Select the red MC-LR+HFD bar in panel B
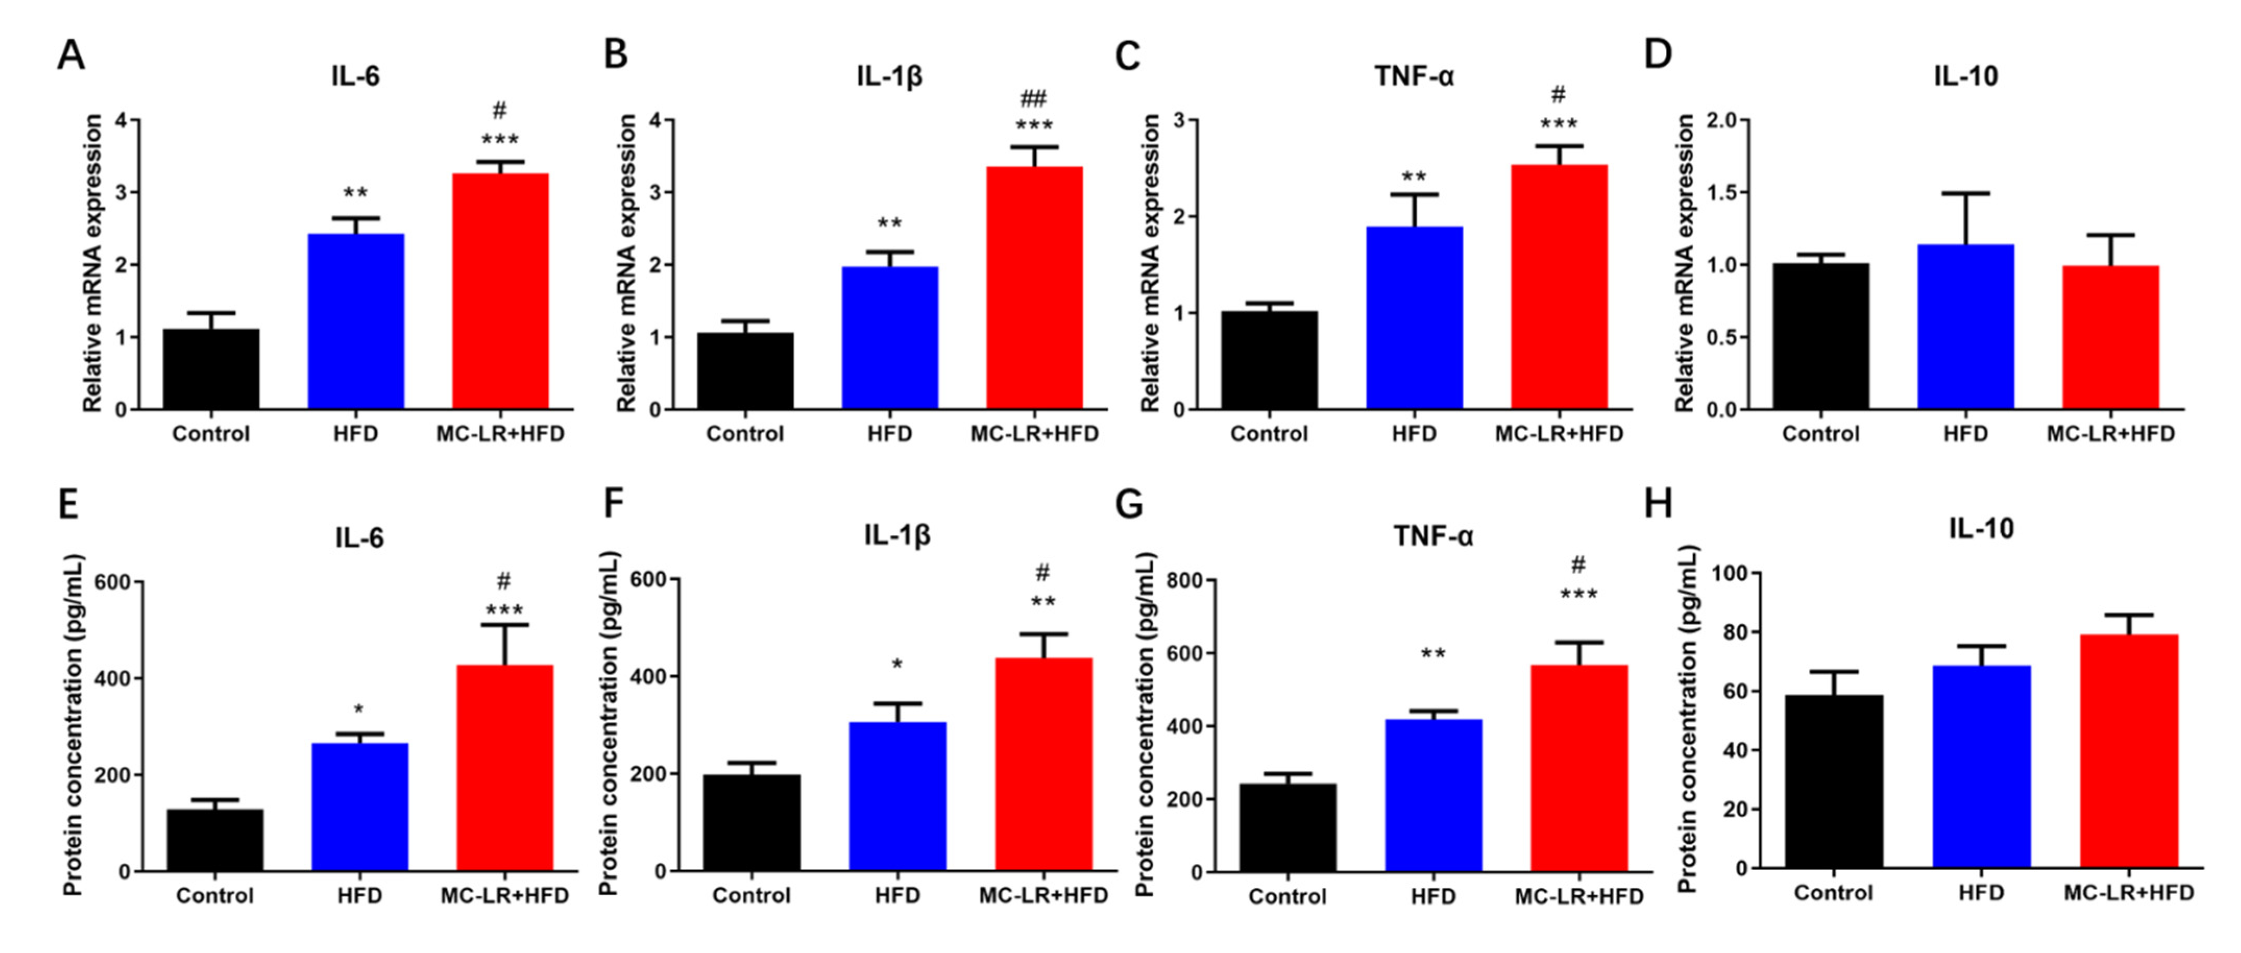[1034, 287]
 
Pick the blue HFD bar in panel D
[1965, 326]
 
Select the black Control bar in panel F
[752, 823]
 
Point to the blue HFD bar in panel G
[1433, 795]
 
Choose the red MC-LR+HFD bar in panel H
[2129, 750]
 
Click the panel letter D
[1658, 54]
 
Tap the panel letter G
[1129, 505]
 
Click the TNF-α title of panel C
[1414, 77]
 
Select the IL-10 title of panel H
[1981, 528]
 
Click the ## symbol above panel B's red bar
[1034, 99]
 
